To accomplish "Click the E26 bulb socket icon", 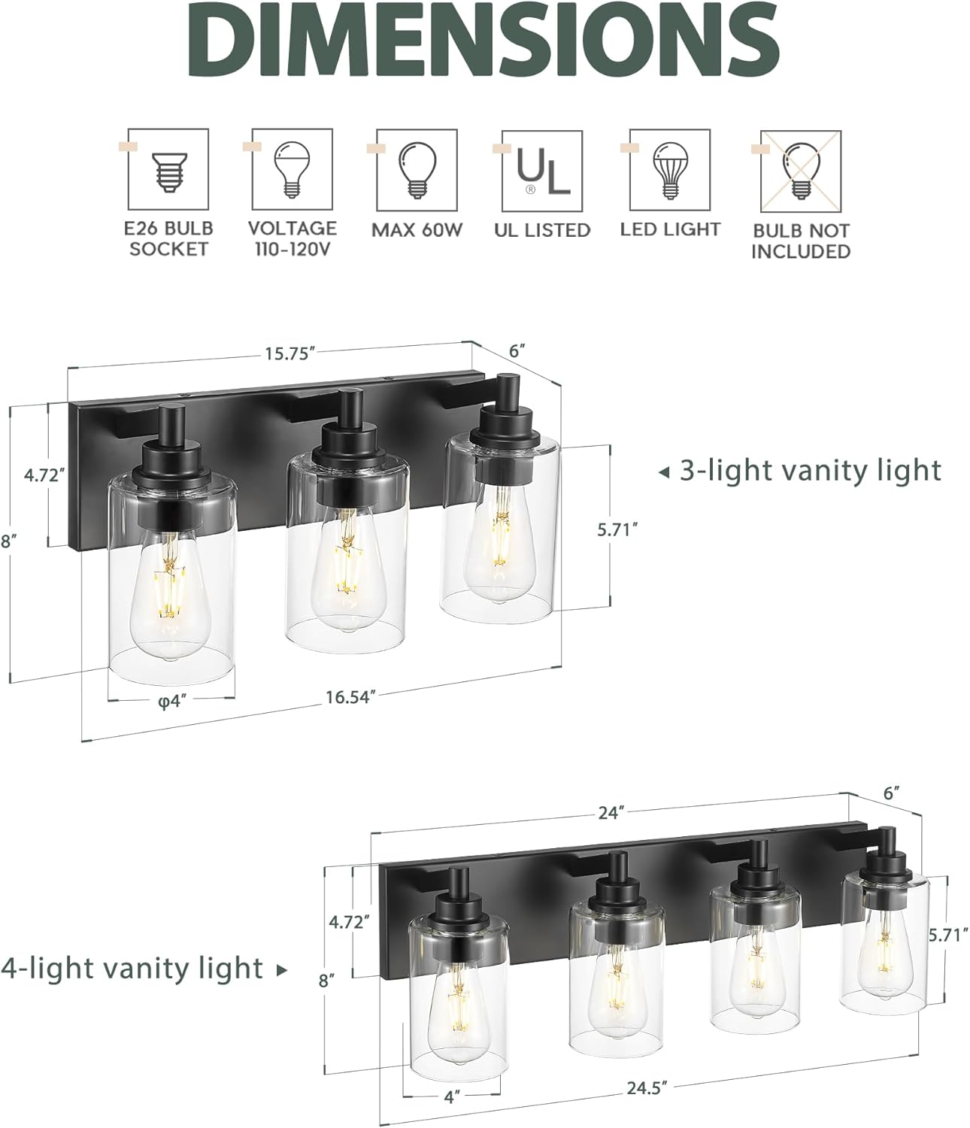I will (x=168, y=169).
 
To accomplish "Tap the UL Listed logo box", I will (x=541, y=171).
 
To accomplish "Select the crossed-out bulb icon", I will (x=800, y=171).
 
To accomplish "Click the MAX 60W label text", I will (x=417, y=229).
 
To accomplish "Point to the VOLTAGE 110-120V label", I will (x=293, y=238).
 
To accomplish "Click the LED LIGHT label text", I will (x=670, y=229).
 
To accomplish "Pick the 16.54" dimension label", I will (x=350, y=697).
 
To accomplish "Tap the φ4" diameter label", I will (x=171, y=701).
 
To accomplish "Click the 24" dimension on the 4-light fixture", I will (x=613, y=813).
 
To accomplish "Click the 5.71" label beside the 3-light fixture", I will (x=617, y=529).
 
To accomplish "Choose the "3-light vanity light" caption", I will (x=810, y=471).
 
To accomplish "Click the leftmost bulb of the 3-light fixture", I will (x=171, y=594).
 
